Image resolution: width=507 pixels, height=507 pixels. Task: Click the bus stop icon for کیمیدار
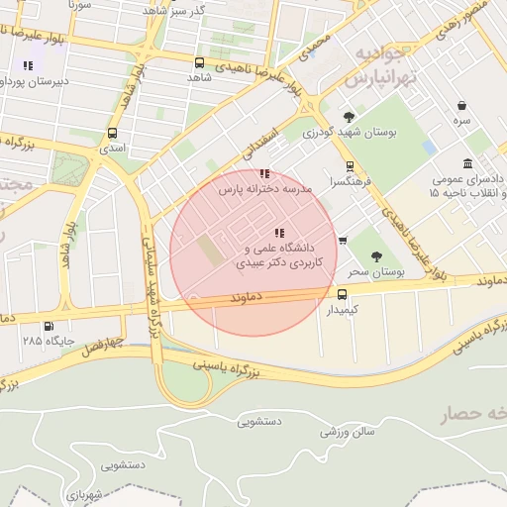[343, 294]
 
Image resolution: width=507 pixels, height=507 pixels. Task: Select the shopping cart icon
[343, 240]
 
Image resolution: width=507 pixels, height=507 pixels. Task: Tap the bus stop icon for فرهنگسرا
[349, 167]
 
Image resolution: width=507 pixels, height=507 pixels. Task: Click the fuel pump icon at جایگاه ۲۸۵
[49, 326]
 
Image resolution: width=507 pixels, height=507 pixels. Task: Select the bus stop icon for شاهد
[200, 62]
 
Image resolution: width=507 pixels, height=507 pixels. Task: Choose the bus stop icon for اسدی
[112, 133]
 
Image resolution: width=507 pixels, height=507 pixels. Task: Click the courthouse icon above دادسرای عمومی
[467, 164]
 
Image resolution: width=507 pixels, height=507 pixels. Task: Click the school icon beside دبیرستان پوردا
[28, 65]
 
